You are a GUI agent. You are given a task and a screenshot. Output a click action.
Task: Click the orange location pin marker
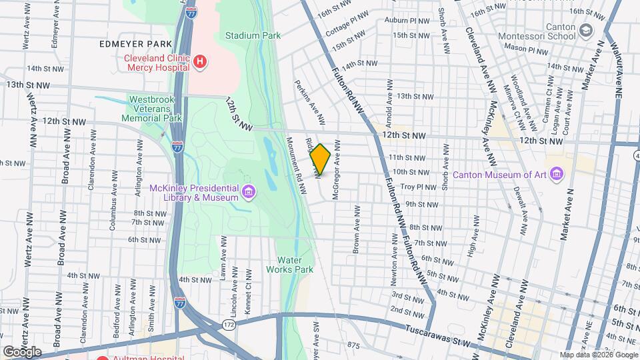pyautogui.click(x=321, y=160)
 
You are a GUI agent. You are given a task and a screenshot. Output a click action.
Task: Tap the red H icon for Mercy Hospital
pyautogui.click(x=200, y=62)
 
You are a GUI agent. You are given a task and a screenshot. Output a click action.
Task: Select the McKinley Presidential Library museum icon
pyautogui.click(x=248, y=193)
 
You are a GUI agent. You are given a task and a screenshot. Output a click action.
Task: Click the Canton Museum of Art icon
pyautogui.click(x=557, y=175)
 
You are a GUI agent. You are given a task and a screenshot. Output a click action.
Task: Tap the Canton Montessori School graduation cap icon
pyautogui.click(x=586, y=31)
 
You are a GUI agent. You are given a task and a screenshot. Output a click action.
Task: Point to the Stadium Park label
pyautogui.click(x=253, y=35)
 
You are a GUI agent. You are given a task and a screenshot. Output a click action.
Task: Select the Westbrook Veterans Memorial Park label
pyautogui.click(x=155, y=109)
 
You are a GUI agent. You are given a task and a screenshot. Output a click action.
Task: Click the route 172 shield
pyautogui.click(x=228, y=323)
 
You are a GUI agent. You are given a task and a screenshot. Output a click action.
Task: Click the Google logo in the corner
pyautogui.click(x=22, y=351)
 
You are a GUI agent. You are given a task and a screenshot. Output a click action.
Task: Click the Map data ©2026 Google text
pyautogui.click(x=598, y=355)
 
